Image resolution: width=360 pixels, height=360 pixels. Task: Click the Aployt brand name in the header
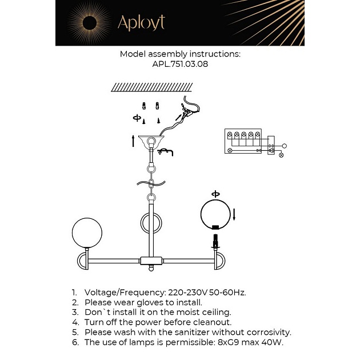click(141, 22)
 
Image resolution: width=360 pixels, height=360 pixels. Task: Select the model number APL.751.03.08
click(180, 65)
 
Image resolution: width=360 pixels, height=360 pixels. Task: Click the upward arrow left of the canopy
click(133, 141)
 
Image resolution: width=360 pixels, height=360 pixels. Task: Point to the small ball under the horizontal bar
click(151, 266)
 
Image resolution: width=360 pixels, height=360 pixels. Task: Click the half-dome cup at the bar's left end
click(83, 262)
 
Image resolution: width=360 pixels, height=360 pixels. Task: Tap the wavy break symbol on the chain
click(150, 183)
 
